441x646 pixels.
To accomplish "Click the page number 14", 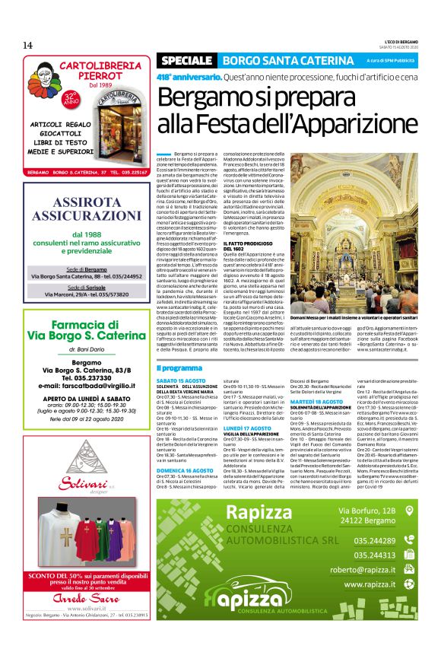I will [27, 45].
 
